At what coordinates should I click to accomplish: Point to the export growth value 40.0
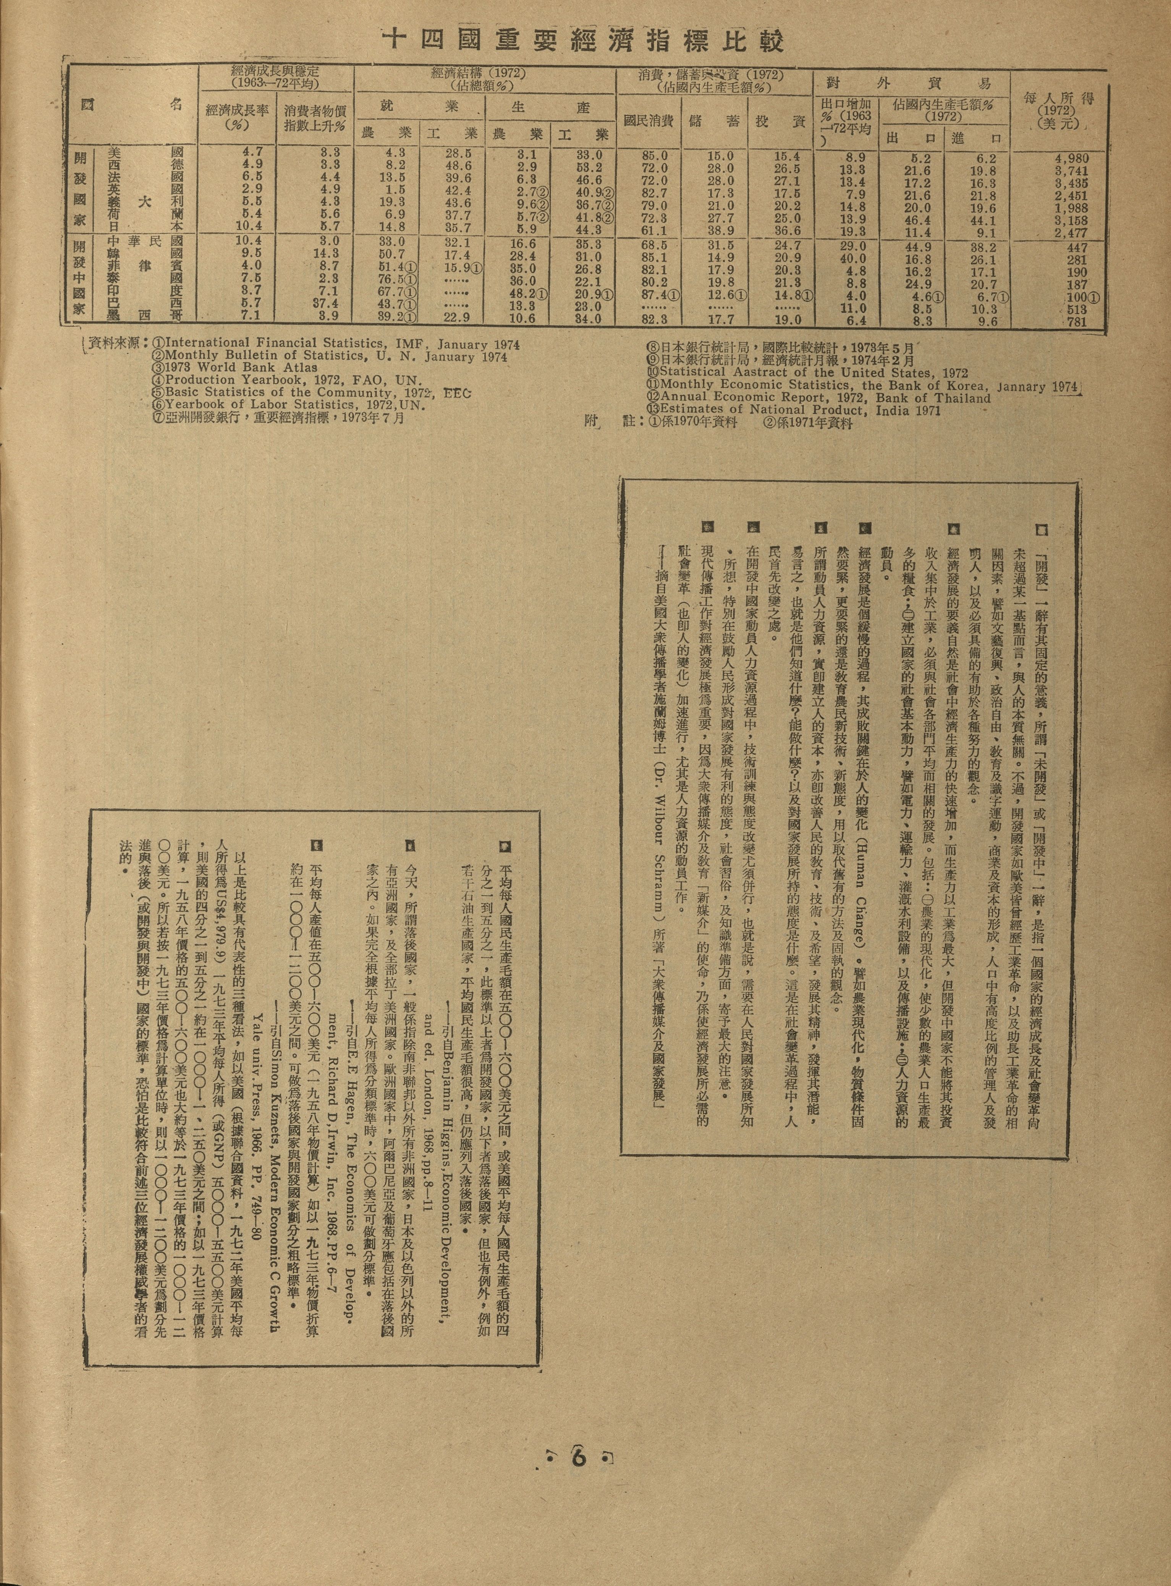851,259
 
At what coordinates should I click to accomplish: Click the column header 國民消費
648,121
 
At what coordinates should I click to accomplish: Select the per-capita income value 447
1075,247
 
